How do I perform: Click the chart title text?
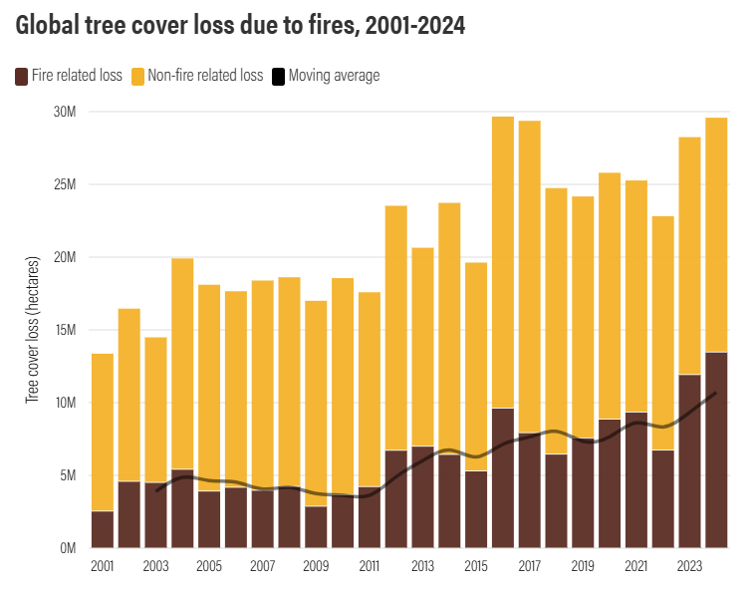[x=240, y=27]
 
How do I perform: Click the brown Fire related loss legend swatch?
[x=21, y=76]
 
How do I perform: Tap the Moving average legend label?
[x=333, y=76]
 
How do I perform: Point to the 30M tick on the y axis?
[x=65, y=112]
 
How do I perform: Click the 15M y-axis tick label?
[x=65, y=330]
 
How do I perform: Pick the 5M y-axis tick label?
[x=67, y=475]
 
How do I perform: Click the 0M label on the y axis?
[x=67, y=548]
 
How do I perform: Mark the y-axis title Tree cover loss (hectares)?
[x=32, y=330]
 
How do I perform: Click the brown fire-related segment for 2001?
[x=103, y=529]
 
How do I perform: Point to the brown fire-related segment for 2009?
[x=316, y=527]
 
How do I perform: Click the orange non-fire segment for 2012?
[x=395, y=328]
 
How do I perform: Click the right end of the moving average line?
[x=715, y=394]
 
